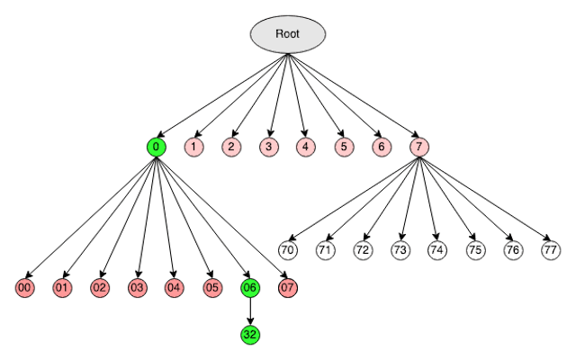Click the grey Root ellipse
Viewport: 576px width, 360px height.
(287, 34)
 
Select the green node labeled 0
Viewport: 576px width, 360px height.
(157, 146)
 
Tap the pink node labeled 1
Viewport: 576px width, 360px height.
(193, 146)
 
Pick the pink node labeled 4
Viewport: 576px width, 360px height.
(306, 146)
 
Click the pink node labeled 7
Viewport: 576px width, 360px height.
(418, 146)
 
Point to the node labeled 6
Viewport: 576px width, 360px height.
(381, 146)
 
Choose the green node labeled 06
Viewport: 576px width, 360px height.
(250, 288)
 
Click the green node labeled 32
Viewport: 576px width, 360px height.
(250, 335)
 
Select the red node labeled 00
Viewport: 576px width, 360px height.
(25, 288)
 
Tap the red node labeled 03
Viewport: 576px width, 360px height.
(138, 288)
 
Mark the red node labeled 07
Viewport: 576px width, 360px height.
(287, 288)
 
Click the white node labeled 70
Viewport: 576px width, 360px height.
(288, 249)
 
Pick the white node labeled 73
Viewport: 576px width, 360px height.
(400, 249)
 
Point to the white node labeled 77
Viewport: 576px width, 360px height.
(550, 249)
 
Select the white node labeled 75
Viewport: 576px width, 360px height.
(474, 249)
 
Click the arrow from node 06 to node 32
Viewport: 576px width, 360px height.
(250, 311)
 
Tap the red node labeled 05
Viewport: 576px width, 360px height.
(212, 288)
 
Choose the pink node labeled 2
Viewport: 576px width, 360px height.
(231, 146)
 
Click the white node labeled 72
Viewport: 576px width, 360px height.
(363, 249)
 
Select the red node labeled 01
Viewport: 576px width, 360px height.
(62, 288)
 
